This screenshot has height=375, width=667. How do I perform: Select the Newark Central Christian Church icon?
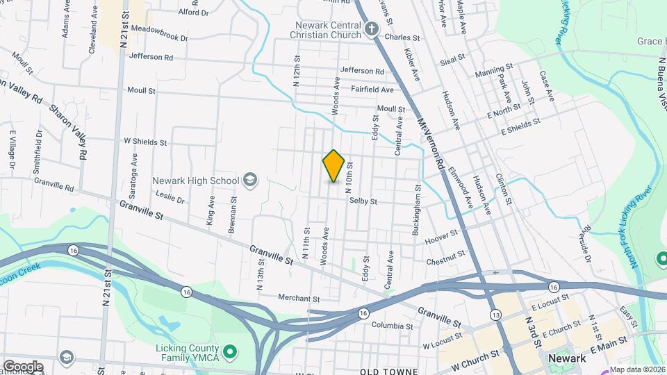372,30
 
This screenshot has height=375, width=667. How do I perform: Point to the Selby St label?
363,201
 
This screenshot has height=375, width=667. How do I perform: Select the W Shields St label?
145,142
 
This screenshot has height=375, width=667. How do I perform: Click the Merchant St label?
298,299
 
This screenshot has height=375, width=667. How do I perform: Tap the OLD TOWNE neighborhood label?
388,372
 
